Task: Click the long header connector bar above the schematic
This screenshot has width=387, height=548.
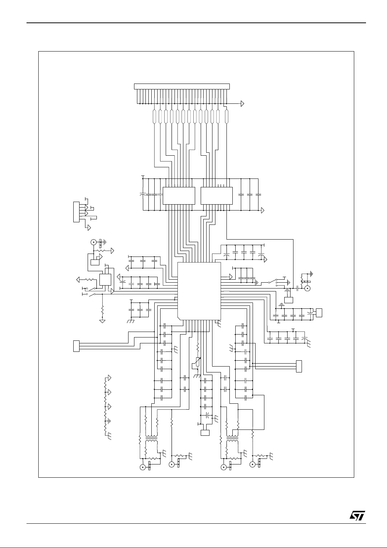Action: click(x=182, y=86)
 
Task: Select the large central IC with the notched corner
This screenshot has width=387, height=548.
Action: click(x=199, y=290)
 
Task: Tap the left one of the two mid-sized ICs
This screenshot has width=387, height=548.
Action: click(x=179, y=195)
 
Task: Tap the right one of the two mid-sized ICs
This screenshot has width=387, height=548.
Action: click(x=217, y=195)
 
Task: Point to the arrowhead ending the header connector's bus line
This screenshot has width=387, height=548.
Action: click(x=242, y=104)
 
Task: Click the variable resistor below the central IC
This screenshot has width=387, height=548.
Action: click(x=198, y=362)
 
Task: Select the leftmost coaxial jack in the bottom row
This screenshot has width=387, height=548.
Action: click(x=143, y=467)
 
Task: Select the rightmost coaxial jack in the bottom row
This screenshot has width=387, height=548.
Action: click(x=253, y=465)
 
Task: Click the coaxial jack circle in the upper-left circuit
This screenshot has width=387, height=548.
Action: click(x=94, y=242)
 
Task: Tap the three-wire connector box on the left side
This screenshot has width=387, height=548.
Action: click(x=76, y=346)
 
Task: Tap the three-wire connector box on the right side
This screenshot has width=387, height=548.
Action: click(x=299, y=366)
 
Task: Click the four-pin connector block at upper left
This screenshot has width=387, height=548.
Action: click(x=76, y=212)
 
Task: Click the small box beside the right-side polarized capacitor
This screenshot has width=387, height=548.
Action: click(x=319, y=312)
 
